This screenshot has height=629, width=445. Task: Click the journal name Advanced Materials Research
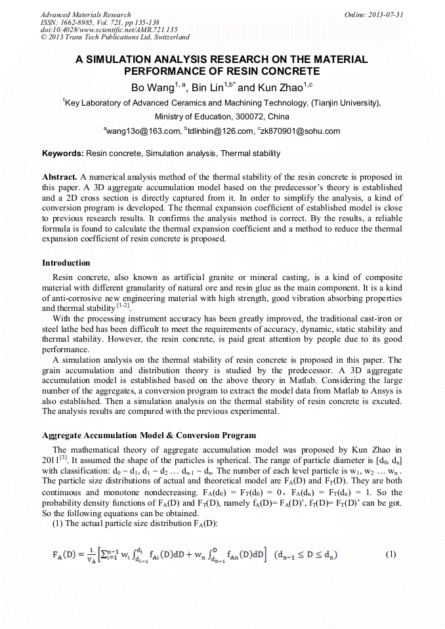[85, 14]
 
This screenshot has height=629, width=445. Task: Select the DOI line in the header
[109, 30]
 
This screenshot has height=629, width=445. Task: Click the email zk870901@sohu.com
[302, 131]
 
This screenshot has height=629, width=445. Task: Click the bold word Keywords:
[63, 153]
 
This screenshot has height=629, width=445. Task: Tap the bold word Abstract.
[60, 178]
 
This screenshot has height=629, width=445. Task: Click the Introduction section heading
[66, 263]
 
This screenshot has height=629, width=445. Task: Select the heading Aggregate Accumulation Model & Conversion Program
[149, 436]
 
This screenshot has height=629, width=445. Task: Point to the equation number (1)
[391, 554]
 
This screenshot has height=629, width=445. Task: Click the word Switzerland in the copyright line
[167, 37]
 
